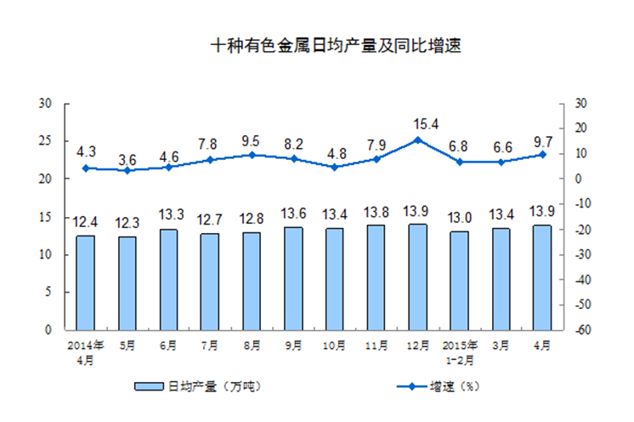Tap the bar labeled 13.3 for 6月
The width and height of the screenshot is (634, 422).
(x=168, y=279)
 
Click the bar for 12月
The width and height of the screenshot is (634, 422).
(x=418, y=277)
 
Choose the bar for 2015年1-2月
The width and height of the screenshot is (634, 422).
(x=460, y=280)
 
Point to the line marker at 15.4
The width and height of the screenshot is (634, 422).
(x=418, y=140)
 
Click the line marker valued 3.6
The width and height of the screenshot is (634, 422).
(x=127, y=170)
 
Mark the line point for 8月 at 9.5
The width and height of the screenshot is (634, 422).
(x=252, y=155)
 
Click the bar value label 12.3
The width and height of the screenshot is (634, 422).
(x=127, y=223)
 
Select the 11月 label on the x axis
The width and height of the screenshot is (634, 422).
(x=376, y=345)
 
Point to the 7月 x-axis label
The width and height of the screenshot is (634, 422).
(x=210, y=345)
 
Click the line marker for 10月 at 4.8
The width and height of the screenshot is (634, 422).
(x=335, y=167)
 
